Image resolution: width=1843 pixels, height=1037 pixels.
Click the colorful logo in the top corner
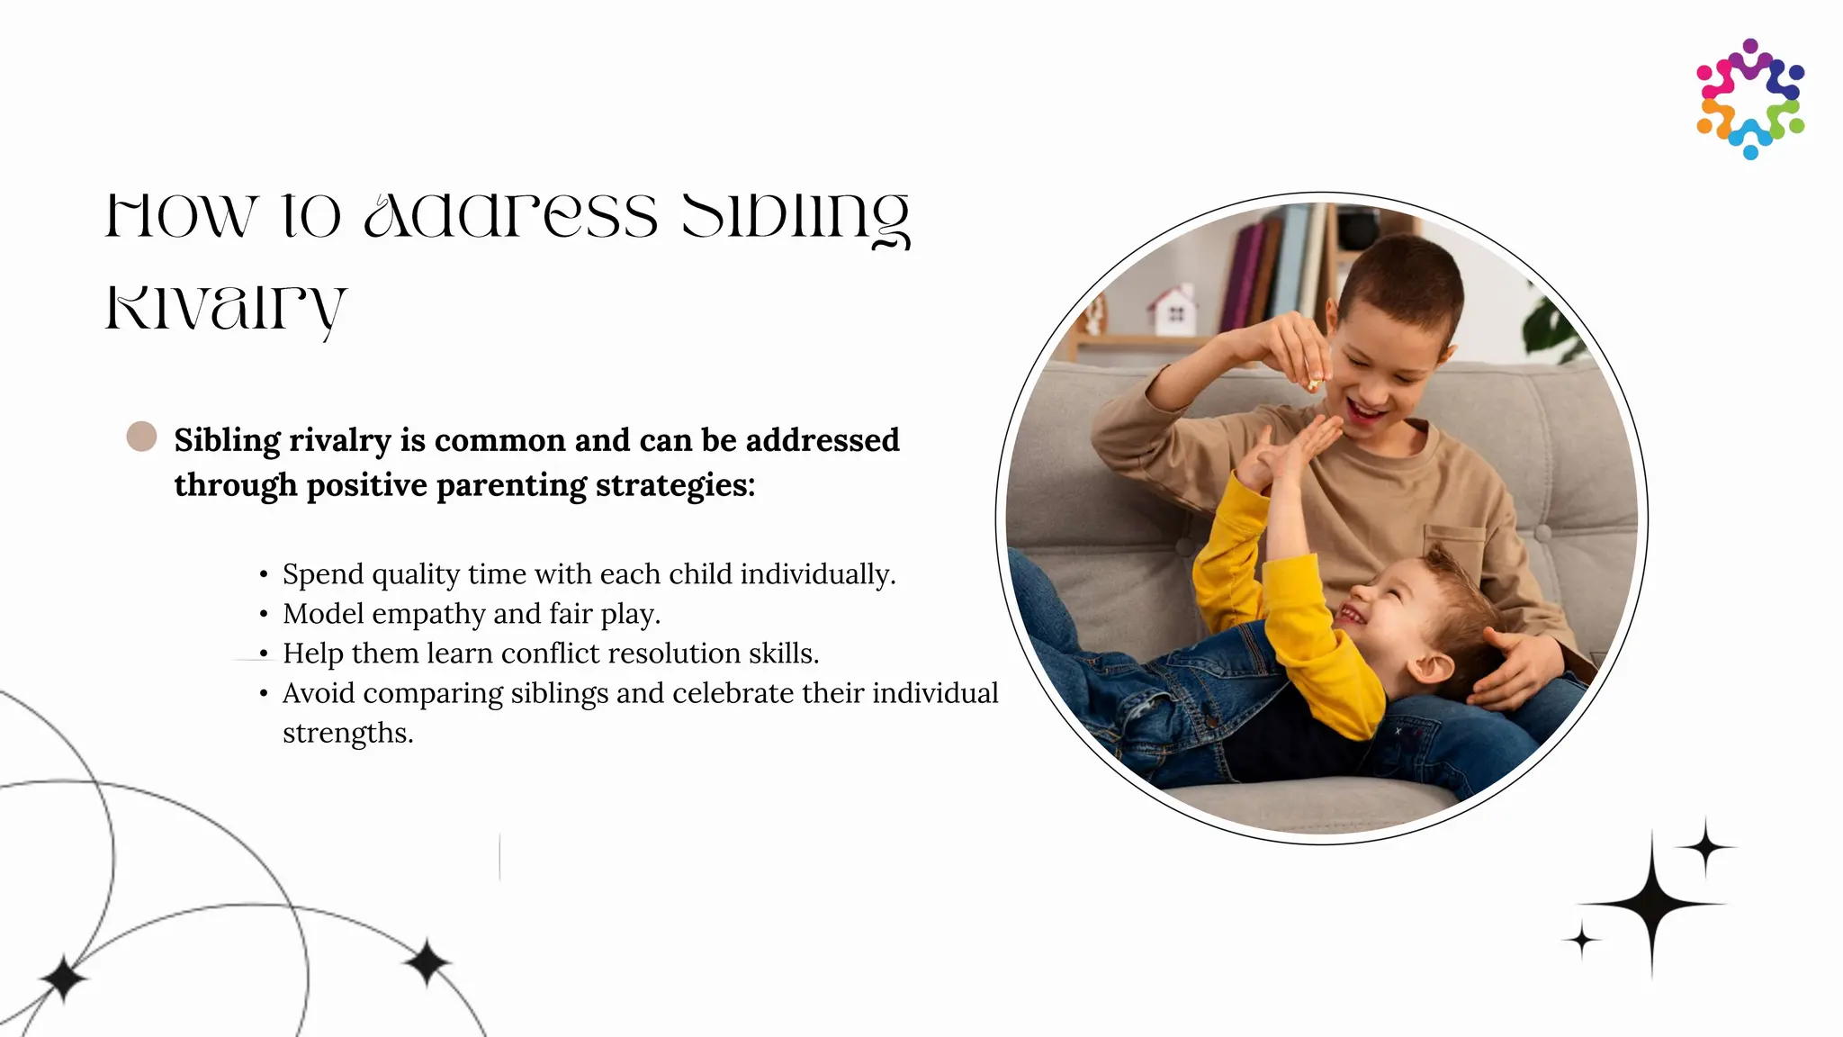1750,99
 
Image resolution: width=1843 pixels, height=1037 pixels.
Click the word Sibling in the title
796,216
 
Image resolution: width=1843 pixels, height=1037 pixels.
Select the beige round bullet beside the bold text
141,437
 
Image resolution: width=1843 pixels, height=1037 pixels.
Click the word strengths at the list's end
347,733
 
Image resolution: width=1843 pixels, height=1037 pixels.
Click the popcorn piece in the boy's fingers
1313,385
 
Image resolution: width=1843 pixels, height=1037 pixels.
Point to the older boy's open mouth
1366,413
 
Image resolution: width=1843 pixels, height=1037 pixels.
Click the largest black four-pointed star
1651,903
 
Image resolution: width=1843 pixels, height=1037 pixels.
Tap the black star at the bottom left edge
63,978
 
